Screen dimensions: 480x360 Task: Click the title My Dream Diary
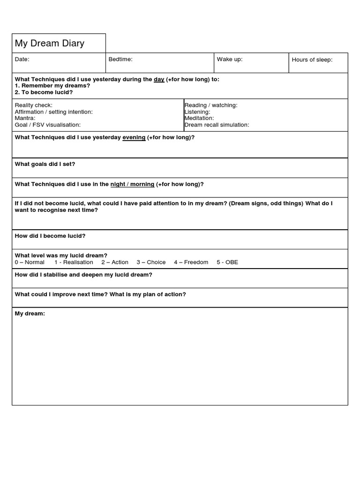click(50, 44)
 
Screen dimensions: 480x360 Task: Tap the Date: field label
click(22, 60)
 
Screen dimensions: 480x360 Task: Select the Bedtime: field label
click(120, 60)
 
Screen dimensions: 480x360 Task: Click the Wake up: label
click(230, 60)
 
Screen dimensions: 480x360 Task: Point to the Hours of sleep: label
click(312, 60)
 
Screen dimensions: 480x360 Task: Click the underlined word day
click(159, 80)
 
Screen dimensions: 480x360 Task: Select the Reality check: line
click(34, 105)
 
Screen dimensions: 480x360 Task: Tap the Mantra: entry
click(25, 119)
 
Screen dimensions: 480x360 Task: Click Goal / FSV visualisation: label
click(48, 125)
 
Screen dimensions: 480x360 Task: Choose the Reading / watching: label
click(211, 105)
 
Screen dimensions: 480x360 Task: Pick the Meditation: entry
click(199, 119)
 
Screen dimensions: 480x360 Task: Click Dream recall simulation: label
click(217, 125)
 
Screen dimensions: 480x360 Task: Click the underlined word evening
click(134, 138)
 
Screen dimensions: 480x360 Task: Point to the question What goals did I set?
click(45, 165)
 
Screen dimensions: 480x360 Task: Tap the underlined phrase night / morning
click(132, 185)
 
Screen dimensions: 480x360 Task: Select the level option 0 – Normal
click(30, 262)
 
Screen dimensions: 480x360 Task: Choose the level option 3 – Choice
click(151, 262)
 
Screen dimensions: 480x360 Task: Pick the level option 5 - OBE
click(227, 262)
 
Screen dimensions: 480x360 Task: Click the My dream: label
click(30, 314)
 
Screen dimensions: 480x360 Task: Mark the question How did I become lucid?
click(50, 236)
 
